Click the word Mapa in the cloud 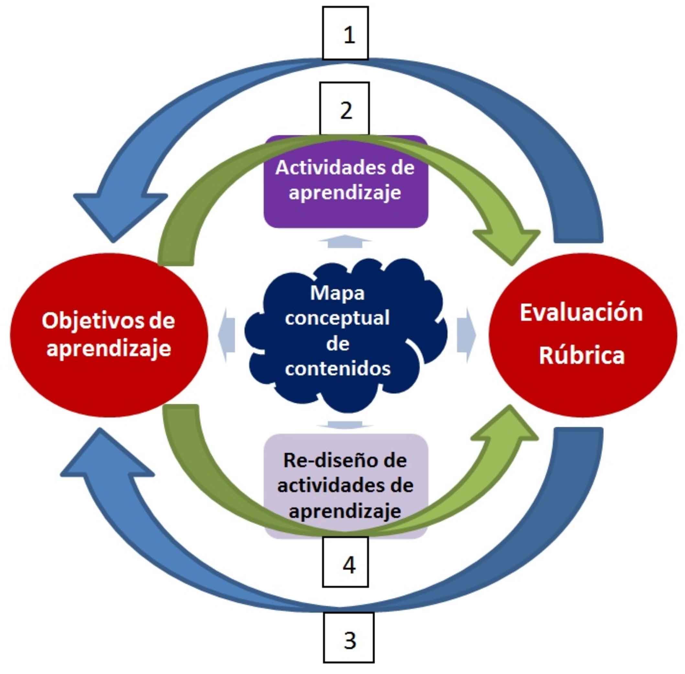(x=337, y=293)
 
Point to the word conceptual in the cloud (x=337, y=317)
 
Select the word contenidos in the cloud (x=337, y=368)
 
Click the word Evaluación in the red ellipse (x=581, y=313)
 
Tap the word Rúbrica (x=581, y=355)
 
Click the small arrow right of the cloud (x=466, y=335)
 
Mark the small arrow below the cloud (x=345, y=424)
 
